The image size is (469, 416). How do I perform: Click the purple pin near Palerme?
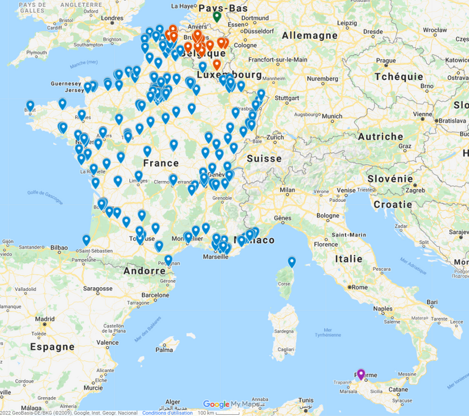point(361,374)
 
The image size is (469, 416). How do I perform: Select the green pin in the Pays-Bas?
point(217,16)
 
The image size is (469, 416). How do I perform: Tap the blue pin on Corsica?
point(292,262)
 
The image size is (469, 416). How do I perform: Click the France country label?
point(161,163)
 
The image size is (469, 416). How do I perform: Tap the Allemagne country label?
point(310,35)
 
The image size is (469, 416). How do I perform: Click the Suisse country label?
point(264,159)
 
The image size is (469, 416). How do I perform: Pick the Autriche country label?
point(380,137)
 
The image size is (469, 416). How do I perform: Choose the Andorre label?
point(144,271)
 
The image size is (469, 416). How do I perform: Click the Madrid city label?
point(45,318)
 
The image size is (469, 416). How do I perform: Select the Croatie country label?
point(393,204)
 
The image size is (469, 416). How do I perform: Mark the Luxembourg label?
point(230,74)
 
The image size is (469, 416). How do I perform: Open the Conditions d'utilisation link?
point(167,413)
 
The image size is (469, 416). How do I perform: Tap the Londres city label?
point(112,18)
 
